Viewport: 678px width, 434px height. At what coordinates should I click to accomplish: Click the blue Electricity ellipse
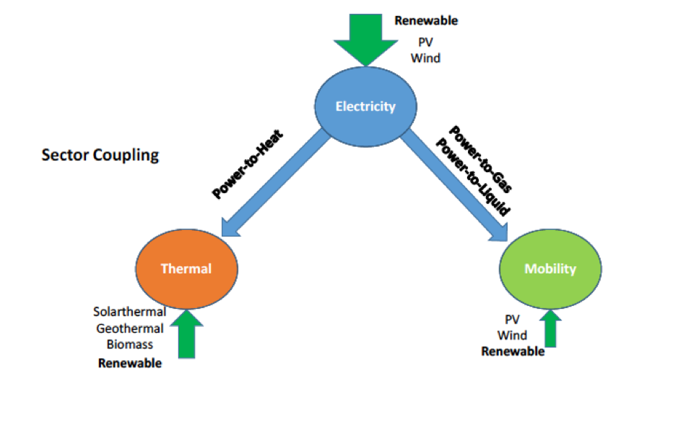pyautogui.click(x=365, y=106)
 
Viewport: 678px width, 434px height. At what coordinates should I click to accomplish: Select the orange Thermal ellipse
pyautogui.click(x=186, y=269)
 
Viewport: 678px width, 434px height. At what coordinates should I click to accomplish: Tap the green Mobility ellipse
pyautogui.click(x=550, y=269)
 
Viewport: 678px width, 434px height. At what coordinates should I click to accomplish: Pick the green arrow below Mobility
pyautogui.click(x=550, y=329)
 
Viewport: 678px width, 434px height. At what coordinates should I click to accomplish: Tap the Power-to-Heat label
pyautogui.click(x=248, y=164)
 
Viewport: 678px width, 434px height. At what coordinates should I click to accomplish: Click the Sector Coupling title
pyautogui.click(x=100, y=156)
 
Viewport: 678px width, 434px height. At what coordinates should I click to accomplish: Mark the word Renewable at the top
pyautogui.click(x=426, y=21)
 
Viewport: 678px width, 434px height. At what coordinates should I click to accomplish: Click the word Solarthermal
pyautogui.click(x=129, y=312)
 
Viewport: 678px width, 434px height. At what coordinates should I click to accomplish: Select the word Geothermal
pyautogui.click(x=130, y=328)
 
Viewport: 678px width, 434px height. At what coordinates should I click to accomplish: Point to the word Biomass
pyautogui.click(x=130, y=344)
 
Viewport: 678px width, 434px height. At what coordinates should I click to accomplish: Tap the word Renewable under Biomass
pyautogui.click(x=130, y=363)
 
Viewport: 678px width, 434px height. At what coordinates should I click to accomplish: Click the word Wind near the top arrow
pyautogui.click(x=425, y=58)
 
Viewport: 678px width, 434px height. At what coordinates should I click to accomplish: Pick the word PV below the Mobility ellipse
pyautogui.click(x=512, y=319)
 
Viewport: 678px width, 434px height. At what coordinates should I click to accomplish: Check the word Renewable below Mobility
pyautogui.click(x=513, y=352)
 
